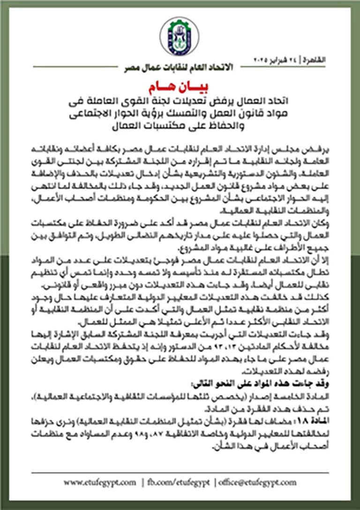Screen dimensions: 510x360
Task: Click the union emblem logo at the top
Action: [x=179, y=37]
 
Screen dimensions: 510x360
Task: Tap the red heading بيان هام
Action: [x=180, y=89]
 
